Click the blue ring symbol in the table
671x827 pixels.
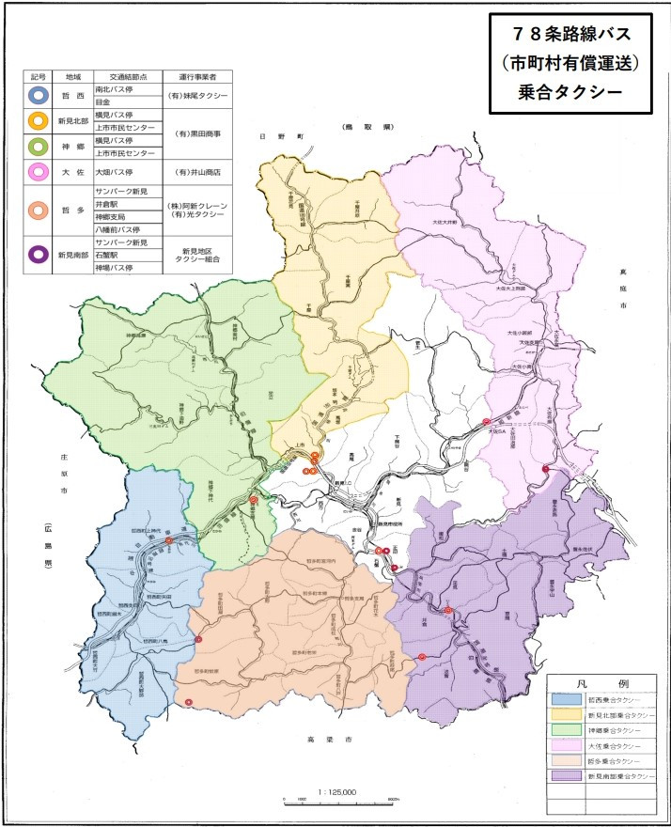click(x=39, y=95)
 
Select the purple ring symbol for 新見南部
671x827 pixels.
click(x=39, y=253)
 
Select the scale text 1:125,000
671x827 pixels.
click(x=337, y=791)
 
